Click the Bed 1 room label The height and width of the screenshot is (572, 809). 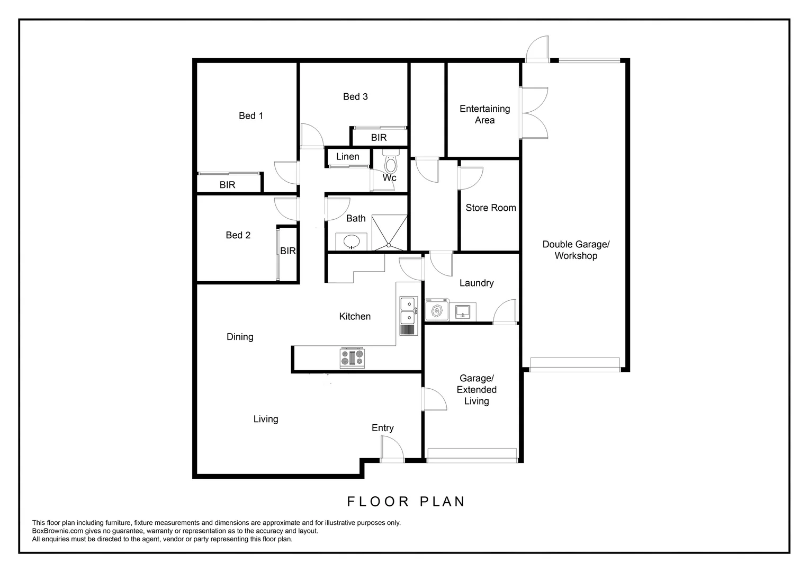pyautogui.click(x=250, y=115)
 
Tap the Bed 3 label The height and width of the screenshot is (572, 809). pyautogui.click(x=355, y=96)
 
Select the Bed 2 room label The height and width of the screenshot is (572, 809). pyautogui.click(x=238, y=235)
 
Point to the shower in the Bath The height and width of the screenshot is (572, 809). pyautogui.click(x=389, y=232)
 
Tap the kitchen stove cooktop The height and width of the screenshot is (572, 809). pyautogui.click(x=353, y=358)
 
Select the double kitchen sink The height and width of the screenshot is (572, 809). pyautogui.click(x=408, y=311)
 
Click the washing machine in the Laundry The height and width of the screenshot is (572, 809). pyautogui.click(x=437, y=312)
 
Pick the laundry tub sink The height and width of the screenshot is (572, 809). pyautogui.click(x=463, y=311)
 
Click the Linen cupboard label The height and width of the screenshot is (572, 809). pyautogui.click(x=347, y=157)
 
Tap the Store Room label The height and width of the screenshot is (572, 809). pyautogui.click(x=490, y=208)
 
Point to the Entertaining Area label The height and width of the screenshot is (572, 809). pyautogui.click(x=484, y=114)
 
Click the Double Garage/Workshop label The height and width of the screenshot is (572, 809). pyautogui.click(x=576, y=250)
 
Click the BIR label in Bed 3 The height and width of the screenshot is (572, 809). pyautogui.click(x=379, y=138)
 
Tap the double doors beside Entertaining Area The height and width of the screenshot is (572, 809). pyautogui.click(x=534, y=113)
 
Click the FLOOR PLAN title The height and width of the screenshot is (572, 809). pyautogui.click(x=406, y=502)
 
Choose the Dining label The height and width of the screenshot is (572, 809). pyautogui.click(x=240, y=337)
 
